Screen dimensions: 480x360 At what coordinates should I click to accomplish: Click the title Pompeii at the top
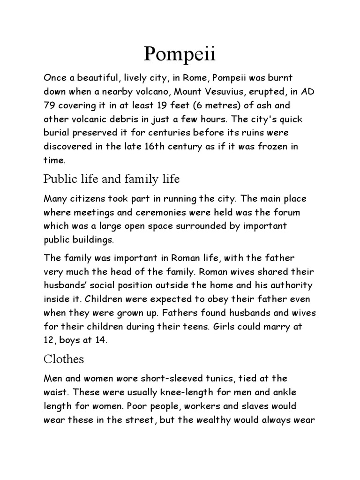click(180, 55)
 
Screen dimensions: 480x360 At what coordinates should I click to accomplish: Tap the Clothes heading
click(64, 359)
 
